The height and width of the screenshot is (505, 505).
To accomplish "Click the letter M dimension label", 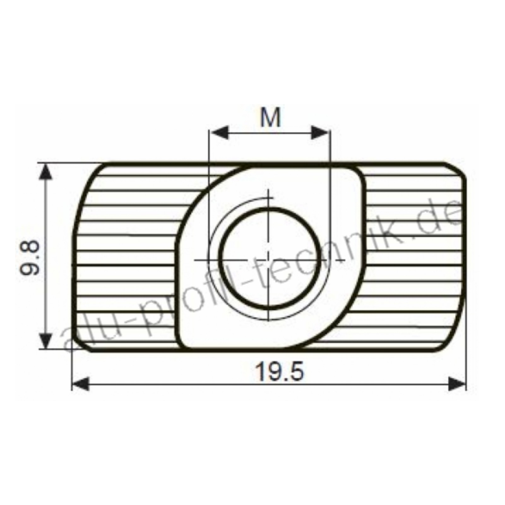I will click(x=270, y=117).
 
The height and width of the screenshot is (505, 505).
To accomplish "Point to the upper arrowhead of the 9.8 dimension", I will click(x=46, y=172).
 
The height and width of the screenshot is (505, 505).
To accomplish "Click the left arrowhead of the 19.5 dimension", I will click(x=81, y=384).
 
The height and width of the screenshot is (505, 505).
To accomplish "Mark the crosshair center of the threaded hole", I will click(x=269, y=260).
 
